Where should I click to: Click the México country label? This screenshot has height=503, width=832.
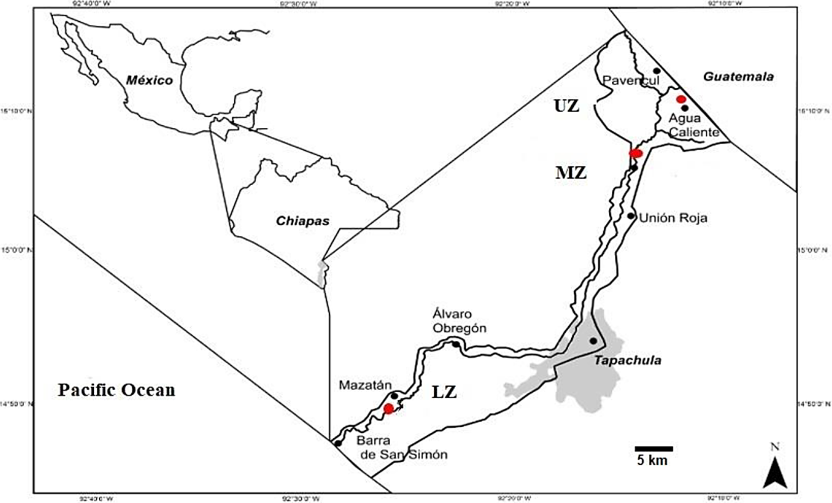[149, 80]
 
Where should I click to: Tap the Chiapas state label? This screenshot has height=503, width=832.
[302, 221]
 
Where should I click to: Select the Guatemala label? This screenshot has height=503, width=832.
[738, 77]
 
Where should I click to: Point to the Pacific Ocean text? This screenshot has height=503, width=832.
[116, 390]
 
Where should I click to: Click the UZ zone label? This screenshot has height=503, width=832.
[567, 106]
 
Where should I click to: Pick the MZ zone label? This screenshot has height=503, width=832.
[571, 173]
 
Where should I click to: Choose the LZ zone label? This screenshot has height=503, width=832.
[444, 392]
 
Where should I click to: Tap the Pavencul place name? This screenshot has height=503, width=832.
[630, 80]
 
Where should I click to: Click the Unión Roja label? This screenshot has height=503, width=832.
[673, 218]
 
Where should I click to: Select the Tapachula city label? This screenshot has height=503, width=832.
[628, 361]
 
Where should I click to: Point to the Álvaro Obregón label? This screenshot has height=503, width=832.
[459, 321]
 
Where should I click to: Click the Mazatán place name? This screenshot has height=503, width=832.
[365, 385]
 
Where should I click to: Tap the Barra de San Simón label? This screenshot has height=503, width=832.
[402, 447]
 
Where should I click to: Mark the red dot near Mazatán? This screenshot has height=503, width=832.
[389, 409]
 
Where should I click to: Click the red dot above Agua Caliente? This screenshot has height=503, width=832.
[681, 99]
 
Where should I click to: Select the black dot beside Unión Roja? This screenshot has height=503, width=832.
[631, 216]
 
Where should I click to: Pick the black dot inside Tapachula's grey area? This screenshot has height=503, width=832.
[593, 341]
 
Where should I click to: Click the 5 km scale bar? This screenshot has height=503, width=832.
[654, 449]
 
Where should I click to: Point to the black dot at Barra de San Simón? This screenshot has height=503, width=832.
[338, 443]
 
